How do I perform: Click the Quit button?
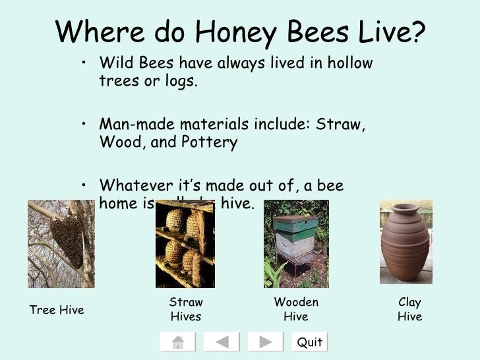309,342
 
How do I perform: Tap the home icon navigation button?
177,342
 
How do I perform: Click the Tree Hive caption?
57,310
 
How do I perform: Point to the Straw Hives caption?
186,309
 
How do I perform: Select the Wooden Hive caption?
296,309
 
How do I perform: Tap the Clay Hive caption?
409,309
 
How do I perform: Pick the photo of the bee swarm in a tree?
61,244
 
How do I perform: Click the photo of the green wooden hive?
296,243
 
